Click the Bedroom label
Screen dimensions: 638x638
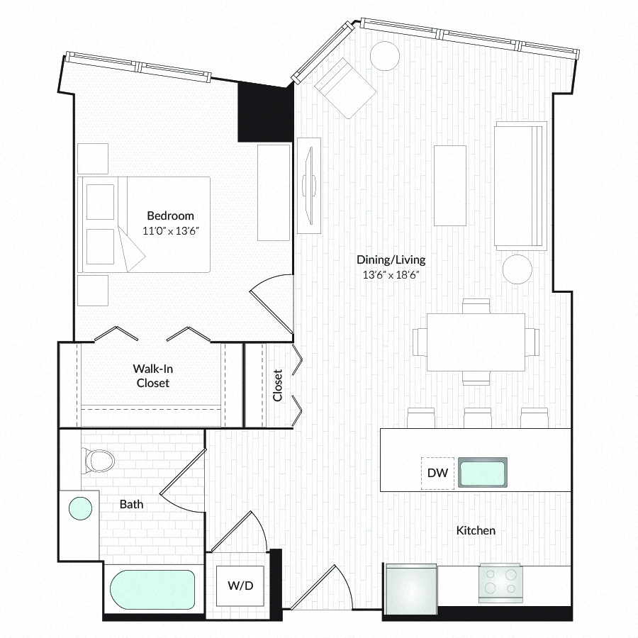(170, 216)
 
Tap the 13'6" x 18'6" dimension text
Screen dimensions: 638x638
(391, 275)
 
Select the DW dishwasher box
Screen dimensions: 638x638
(437, 474)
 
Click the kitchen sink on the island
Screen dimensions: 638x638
(483, 472)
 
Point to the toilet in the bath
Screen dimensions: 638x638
(98, 461)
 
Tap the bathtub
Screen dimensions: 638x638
(152, 590)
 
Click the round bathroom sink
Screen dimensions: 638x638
(80, 508)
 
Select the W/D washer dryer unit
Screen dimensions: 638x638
(240, 586)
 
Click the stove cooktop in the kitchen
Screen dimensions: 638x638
(500, 583)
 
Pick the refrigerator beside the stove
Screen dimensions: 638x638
(411, 588)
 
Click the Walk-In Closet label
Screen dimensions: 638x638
(153, 376)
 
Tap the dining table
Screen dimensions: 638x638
(476, 342)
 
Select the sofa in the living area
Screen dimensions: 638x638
(520, 186)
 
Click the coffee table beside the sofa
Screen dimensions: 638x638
(449, 186)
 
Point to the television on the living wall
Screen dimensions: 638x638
(309, 186)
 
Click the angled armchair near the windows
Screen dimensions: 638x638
(345, 89)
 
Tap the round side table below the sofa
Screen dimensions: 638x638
(517, 269)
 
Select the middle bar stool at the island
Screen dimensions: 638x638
(478, 418)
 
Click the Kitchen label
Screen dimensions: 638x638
(476, 530)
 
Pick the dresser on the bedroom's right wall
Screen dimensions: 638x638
(274, 192)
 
